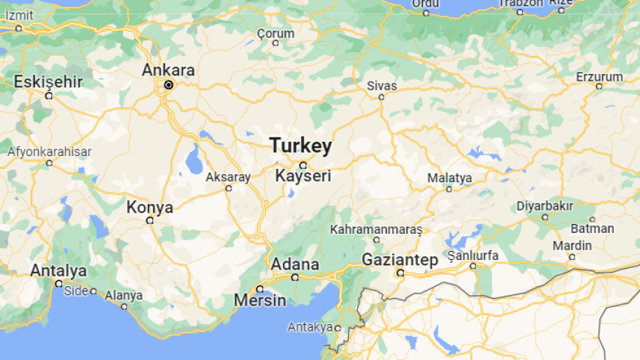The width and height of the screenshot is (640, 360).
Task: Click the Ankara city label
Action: [x=169, y=70]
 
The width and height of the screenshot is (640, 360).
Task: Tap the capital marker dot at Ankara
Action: [x=169, y=85]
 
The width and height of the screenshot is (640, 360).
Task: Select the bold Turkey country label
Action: [x=300, y=145]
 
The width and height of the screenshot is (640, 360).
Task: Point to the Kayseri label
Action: [x=302, y=177]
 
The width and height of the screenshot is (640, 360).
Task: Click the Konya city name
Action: [x=150, y=207]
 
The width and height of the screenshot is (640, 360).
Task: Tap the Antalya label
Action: [x=58, y=270]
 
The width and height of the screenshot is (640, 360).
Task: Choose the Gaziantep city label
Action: [x=400, y=259]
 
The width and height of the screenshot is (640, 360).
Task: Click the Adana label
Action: [x=294, y=264]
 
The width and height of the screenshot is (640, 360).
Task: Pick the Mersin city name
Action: [x=260, y=300]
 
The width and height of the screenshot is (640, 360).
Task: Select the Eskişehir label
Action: [x=48, y=81]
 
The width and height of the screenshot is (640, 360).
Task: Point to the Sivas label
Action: [x=382, y=85]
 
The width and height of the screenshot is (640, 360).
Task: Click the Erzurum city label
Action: [x=599, y=76]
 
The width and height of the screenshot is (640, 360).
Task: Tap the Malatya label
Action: [x=450, y=178]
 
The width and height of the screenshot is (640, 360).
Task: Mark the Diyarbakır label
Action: [x=544, y=205]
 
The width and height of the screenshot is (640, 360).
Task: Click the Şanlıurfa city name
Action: [x=472, y=255]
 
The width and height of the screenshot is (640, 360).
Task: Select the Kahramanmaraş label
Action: [x=376, y=228]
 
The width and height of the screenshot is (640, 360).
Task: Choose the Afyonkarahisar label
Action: [x=49, y=152]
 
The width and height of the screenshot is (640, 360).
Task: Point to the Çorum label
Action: [x=276, y=33]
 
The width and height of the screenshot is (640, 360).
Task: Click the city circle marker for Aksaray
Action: [x=229, y=188]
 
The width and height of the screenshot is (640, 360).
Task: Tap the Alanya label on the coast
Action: [x=123, y=295]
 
